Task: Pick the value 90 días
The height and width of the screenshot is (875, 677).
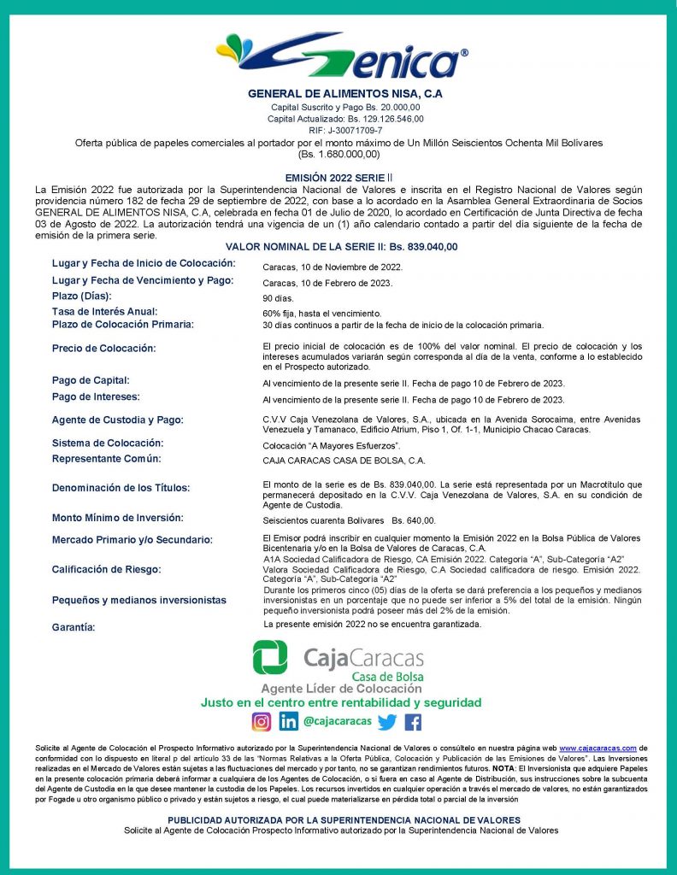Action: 278,299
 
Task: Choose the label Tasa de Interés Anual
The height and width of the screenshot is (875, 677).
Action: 104,312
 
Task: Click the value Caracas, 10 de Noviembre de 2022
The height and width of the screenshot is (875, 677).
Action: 333,267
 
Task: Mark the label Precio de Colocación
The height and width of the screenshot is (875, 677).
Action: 103,349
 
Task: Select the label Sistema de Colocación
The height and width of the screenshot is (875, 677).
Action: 107,443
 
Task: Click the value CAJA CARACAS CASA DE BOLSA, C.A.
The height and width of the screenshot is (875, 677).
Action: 344,461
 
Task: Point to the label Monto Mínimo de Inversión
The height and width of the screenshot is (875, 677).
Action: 117,518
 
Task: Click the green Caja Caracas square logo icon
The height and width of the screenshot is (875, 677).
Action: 270,657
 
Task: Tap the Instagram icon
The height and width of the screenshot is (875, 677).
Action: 261,721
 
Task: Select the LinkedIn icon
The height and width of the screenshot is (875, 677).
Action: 288,721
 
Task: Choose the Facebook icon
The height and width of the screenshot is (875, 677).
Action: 413,722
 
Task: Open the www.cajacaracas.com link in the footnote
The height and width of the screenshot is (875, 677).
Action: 598,747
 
